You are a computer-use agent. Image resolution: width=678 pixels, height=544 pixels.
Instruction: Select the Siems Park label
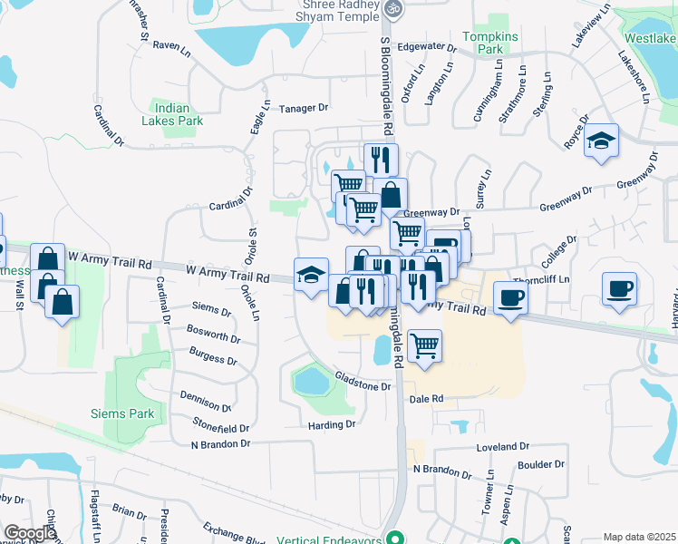click(122, 413)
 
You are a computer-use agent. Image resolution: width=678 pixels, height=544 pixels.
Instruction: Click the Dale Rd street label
click(425, 398)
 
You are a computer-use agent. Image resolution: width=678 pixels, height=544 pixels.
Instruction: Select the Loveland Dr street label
click(502, 446)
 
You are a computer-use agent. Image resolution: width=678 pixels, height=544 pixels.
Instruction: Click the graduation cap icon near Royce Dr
click(601, 141)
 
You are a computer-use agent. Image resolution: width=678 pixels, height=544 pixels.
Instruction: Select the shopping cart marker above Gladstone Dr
click(424, 345)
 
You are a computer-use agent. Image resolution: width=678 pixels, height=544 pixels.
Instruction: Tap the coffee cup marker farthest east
click(619, 288)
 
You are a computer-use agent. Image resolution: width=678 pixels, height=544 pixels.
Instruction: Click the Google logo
click(30, 532)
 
